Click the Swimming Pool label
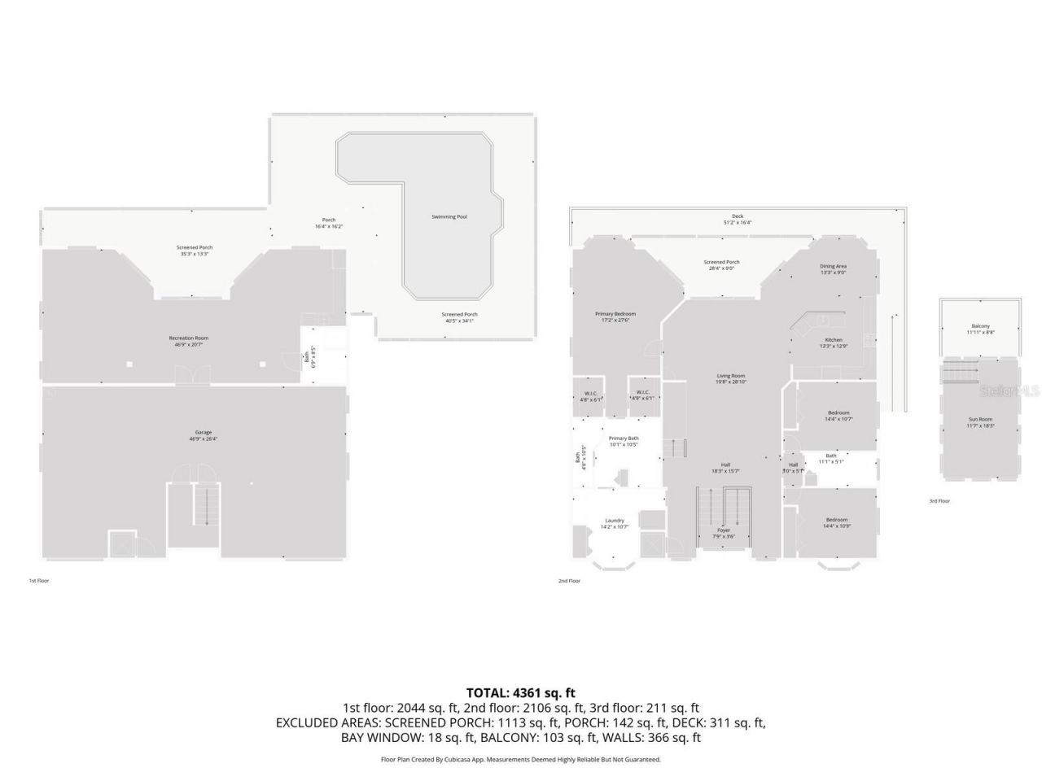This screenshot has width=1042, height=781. click(x=449, y=216)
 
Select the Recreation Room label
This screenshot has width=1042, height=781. click(x=189, y=338)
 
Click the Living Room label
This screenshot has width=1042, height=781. click(x=730, y=376)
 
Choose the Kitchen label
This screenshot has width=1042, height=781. click(x=834, y=339)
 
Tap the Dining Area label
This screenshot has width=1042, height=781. click(x=833, y=266)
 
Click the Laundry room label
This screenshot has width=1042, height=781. click(x=615, y=521)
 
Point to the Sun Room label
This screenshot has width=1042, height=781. click(x=980, y=419)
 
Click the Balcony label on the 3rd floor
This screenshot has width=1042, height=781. click(x=980, y=326)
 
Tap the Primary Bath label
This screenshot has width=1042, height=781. click(x=624, y=438)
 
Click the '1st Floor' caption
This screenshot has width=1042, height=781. click(x=39, y=581)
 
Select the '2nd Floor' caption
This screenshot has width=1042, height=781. click(x=569, y=581)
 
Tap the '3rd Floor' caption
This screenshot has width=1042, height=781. click(x=939, y=501)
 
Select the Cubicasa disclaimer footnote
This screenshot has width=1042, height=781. click(x=520, y=759)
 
